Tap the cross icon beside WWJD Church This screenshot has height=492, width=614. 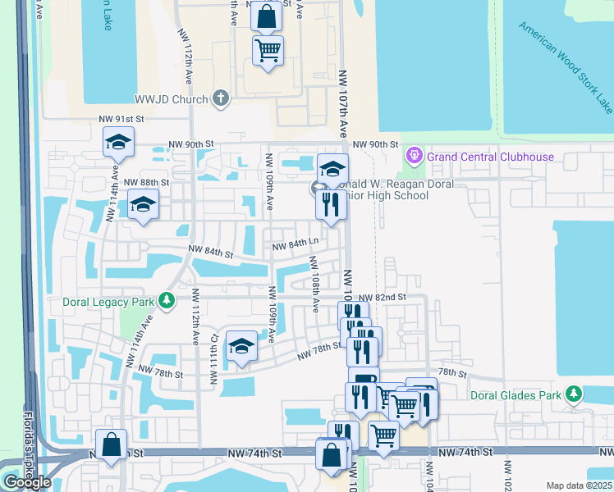pos(219,98)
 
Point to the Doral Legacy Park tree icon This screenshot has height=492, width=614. pos(167,301)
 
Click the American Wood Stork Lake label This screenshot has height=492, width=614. pos(566,66)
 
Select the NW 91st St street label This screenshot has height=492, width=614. pos(121,120)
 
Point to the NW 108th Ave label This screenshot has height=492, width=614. pos(314,284)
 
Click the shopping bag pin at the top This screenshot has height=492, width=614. pos(266,16)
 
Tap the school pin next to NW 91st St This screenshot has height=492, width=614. pos(118,143)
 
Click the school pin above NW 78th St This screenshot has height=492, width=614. pos(241,348)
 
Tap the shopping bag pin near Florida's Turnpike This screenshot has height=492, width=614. pos(112,445)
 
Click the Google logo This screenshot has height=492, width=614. pos(27,482)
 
